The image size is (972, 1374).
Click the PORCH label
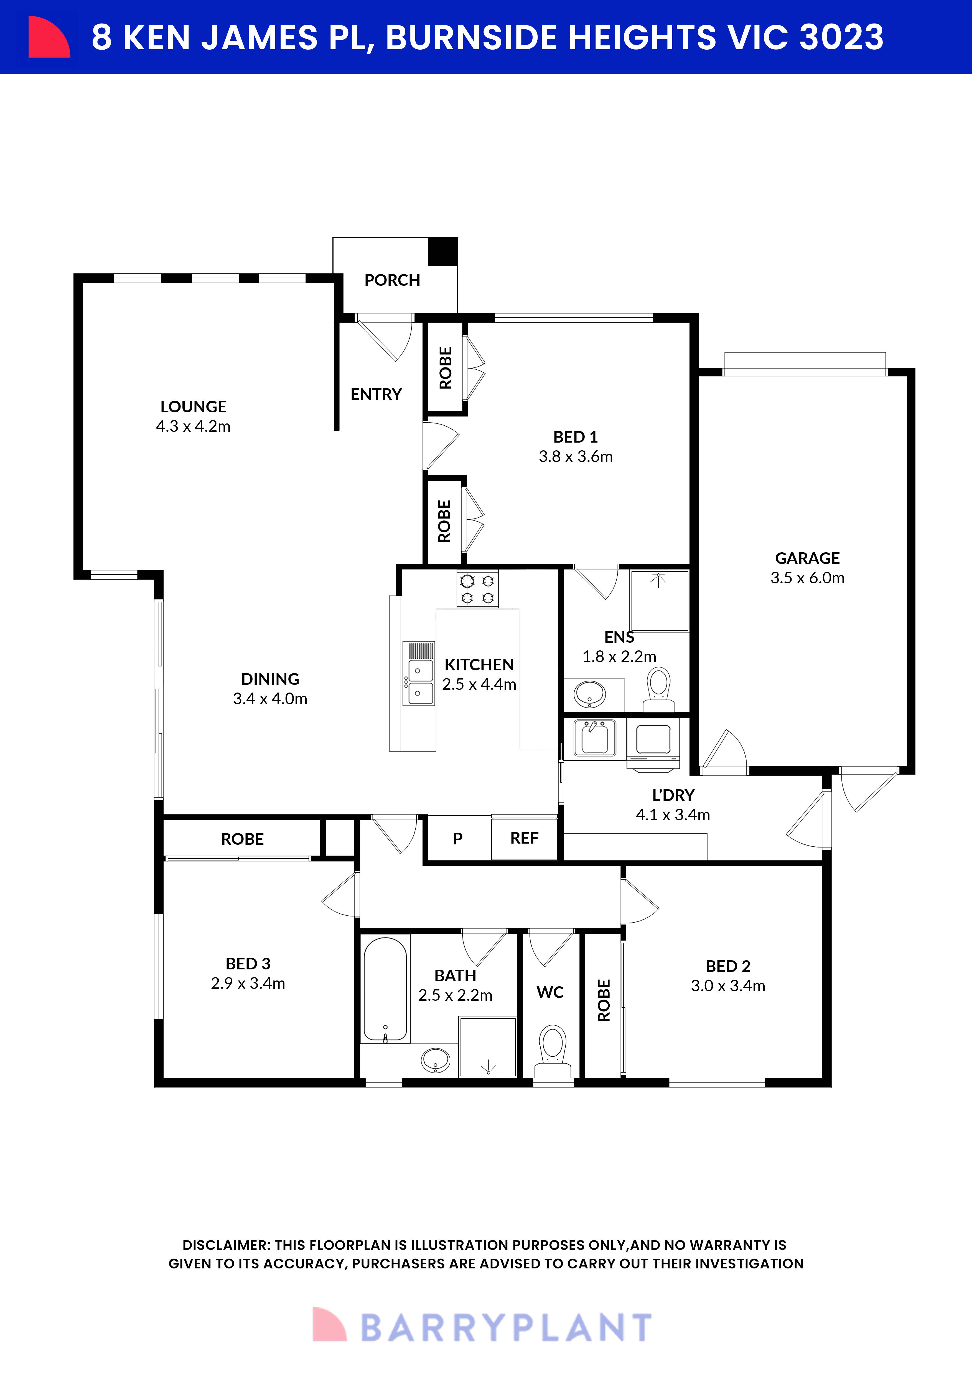click(392, 280)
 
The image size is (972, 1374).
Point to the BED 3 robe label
click(242, 839)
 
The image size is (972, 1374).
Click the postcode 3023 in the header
click(841, 37)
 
